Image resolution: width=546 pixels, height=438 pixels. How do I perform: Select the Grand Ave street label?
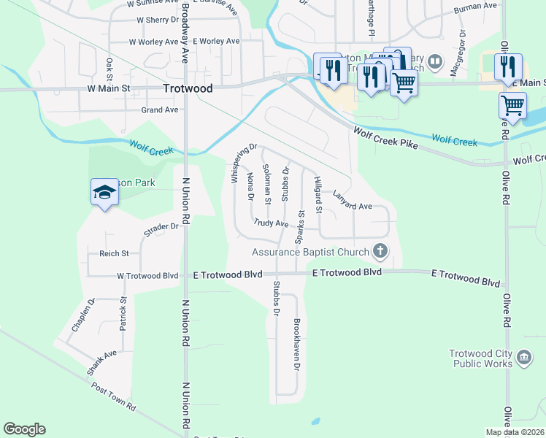pos(160,110)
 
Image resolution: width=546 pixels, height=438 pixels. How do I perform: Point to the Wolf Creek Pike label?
pos(385,138)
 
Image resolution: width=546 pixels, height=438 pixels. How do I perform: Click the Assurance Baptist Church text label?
pos(310,252)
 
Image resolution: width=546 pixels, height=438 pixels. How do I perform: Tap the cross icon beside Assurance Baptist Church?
pos(380,251)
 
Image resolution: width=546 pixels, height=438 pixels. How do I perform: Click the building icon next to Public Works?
pos(524,357)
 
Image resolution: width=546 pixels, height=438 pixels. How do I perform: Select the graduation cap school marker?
pos(104,193)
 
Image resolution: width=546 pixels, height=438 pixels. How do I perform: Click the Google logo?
pos(24,429)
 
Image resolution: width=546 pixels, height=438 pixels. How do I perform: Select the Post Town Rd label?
pos(113,395)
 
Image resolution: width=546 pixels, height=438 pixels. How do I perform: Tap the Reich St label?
pos(114,254)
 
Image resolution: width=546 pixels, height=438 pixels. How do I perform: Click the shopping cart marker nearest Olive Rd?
pos(512,106)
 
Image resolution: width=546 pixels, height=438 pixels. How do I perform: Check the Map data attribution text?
pos(515,432)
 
